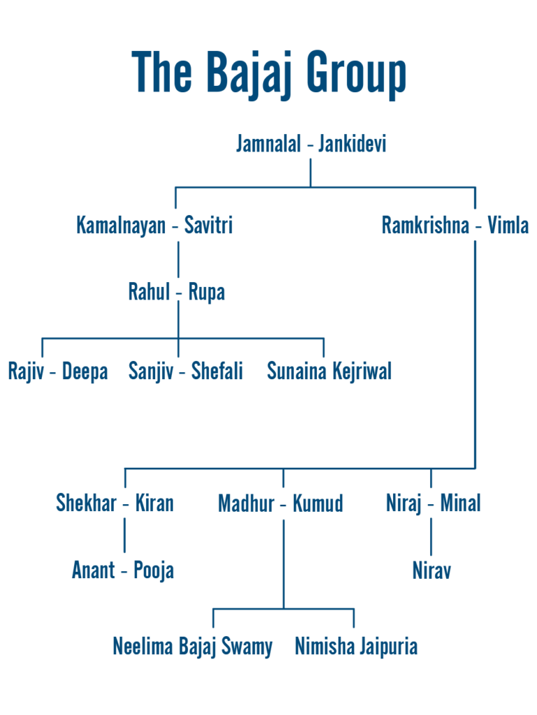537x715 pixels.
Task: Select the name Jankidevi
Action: click(x=352, y=145)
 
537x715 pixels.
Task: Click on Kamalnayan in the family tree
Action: click(x=121, y=226)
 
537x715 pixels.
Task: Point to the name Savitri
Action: click(x=208, y=226)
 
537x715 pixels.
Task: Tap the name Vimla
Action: click(x=508, y=226)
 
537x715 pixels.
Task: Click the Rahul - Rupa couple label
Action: click(x=177, y=292)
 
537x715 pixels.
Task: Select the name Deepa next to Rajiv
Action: click(x=85, y=371)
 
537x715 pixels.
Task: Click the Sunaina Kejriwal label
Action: click(x=329, y=371)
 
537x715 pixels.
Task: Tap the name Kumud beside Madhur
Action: click(x=318, y=503)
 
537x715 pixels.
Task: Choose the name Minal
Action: click(x=460, y=503)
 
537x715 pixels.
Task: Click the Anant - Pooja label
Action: click(x=123, y=570)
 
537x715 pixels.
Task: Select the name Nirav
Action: click(x=431, y=570)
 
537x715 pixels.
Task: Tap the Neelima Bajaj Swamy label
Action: click(x=193, y=647)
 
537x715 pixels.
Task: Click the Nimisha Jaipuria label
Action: click(x=356, y=647)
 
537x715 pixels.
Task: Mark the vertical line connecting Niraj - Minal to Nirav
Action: click(x=431, y=536)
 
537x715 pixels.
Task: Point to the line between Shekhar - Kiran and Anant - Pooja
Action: click(x=124, y=536)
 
